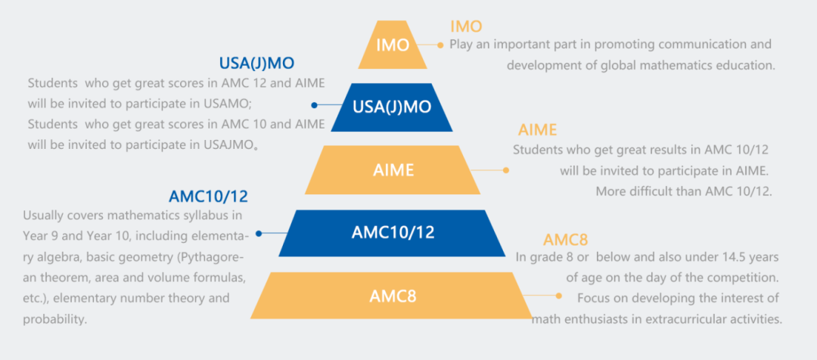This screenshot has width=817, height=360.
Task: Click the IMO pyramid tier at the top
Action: point(393,45)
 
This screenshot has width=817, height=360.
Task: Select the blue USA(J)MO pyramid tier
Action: point(392,107)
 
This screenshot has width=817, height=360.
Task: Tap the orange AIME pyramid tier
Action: point(393,169)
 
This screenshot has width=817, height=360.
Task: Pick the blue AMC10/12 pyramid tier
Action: point(393,232)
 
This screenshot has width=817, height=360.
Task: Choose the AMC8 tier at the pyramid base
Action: point(392,296)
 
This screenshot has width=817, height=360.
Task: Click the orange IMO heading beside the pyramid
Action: point(466,26)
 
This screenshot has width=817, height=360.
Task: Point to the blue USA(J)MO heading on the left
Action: point(256,63)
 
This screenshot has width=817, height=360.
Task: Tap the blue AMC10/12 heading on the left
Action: point(208,197)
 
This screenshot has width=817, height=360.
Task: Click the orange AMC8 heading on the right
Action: point(565,241)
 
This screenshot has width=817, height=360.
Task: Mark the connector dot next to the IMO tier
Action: point(440,45)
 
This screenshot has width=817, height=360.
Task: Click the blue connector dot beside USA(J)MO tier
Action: point(315,104)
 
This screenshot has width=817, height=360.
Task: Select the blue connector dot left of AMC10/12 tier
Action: point(259,234)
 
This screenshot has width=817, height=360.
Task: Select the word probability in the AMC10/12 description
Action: point(55,319)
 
